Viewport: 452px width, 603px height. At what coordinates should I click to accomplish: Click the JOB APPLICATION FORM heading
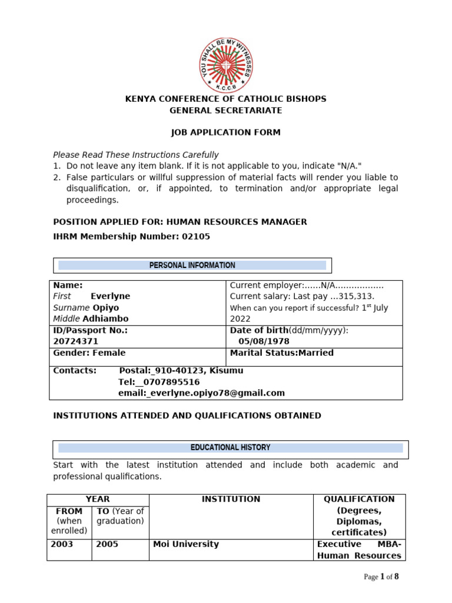225,132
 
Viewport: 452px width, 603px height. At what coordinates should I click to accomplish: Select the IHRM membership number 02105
196,236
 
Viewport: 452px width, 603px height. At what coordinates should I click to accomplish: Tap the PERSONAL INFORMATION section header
192,266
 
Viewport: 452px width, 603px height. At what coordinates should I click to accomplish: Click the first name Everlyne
110,296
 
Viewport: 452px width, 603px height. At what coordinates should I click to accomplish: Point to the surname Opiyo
105,307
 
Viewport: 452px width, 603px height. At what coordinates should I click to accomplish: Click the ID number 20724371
76,342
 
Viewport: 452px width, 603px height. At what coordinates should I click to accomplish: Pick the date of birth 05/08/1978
264,342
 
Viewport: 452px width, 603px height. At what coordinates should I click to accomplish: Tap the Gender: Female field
89,353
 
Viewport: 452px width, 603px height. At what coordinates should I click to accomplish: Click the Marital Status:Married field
281,353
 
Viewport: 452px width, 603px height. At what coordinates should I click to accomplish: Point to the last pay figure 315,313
355,296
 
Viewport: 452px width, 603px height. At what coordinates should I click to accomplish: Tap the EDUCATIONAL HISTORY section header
230,448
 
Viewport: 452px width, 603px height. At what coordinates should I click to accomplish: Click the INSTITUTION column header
231,499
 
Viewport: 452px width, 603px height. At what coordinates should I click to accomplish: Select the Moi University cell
185,544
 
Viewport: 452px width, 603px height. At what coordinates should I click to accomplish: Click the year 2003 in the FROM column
62,544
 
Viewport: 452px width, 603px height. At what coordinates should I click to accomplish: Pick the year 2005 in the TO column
107,544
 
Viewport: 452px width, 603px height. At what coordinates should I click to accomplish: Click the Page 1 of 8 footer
381,577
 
